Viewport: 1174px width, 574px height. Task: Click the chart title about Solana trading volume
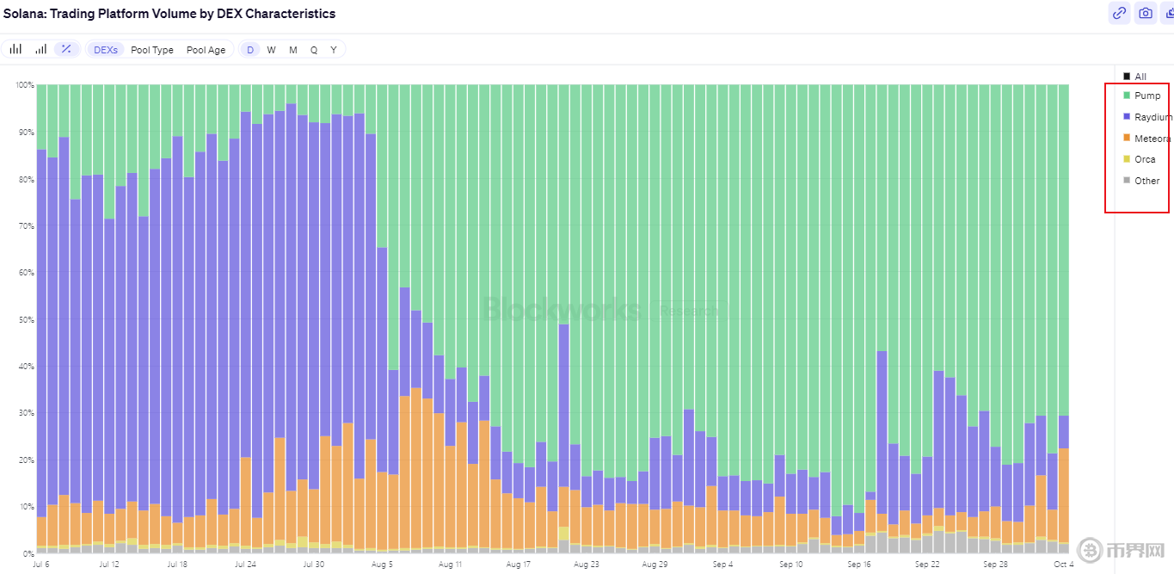169,14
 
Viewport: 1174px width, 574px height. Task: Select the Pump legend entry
1146,96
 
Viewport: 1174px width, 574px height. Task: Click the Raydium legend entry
1152,117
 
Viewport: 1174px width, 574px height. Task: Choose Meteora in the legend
1152,139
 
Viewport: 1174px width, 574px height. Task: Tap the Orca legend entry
1144,159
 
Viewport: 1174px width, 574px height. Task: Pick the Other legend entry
1146,181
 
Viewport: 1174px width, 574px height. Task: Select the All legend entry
1140,77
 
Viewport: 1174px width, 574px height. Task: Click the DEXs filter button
106,50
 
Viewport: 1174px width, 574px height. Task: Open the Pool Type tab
152,50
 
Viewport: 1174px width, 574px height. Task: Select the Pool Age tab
206,50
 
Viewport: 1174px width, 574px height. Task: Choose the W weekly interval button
271,50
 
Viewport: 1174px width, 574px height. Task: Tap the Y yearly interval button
334,50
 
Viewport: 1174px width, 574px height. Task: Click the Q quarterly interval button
313,50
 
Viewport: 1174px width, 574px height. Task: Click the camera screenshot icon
1145,13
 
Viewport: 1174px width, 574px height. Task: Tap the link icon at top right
1119,13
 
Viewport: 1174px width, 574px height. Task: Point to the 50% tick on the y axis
24,319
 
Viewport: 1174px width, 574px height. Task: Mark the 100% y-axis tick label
23,85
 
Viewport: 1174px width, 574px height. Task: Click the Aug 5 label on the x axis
382,565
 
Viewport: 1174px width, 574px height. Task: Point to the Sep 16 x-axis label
859,565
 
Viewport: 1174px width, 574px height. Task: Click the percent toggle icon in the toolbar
66,49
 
